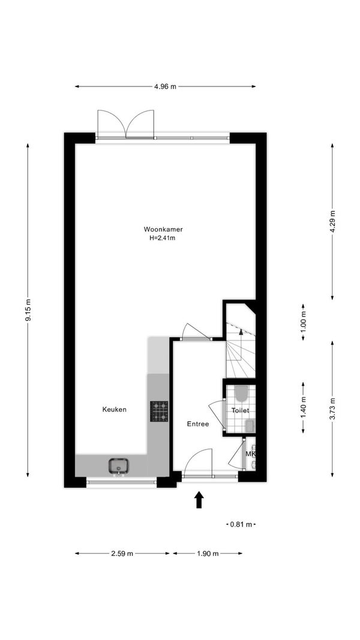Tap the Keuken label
point(114,409)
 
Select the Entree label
point(198,424)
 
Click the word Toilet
point(240,411)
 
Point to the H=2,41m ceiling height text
point(162,238)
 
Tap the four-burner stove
point(159,411)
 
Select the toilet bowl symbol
point(241,394)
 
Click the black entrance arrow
point(199,499)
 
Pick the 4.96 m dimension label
point(165,86)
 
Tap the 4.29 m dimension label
point(332,222)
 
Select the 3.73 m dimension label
point(332,409)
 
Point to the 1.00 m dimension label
point(303,322)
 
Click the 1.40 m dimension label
point(303,408)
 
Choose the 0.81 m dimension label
point(241,525)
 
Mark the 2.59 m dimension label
point(122,554)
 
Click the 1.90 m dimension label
point(208,554)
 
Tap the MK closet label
point(250,453)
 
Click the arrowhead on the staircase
point(241,331)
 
